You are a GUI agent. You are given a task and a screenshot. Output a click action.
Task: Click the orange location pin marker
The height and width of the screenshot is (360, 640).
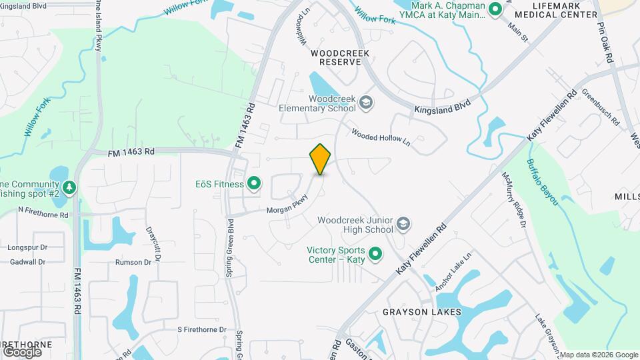tap(320, 159)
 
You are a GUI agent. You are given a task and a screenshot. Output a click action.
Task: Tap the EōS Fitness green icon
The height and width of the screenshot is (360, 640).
tap(254, 183)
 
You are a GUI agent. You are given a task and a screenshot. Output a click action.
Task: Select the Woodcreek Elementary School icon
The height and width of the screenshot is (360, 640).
tap(365, 102)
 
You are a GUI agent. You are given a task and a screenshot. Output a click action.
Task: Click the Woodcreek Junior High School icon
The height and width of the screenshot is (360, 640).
tap(403, 224)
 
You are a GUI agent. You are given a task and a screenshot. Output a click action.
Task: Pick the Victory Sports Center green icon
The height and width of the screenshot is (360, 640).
tap(375, 254)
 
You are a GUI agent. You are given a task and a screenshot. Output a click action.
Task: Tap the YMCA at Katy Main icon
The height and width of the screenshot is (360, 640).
tap(495, 9)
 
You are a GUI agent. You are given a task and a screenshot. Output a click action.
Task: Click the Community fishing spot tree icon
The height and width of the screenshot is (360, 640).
tap(69, 188)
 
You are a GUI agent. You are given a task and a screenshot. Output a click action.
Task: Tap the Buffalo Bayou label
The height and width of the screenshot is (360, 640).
tap(541, 181)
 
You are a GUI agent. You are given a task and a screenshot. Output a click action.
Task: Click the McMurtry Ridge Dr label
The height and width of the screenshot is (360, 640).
tap(515, 200)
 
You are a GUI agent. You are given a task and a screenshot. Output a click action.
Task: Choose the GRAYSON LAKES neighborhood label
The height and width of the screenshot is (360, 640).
tap(413, 311)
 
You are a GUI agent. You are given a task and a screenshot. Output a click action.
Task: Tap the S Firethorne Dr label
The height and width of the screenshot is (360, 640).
tap(202, 330)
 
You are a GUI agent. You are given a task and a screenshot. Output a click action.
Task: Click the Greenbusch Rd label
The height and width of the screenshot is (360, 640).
tap(600, 108)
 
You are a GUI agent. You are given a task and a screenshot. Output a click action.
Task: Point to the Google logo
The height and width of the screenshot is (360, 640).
tap(22, 351)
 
